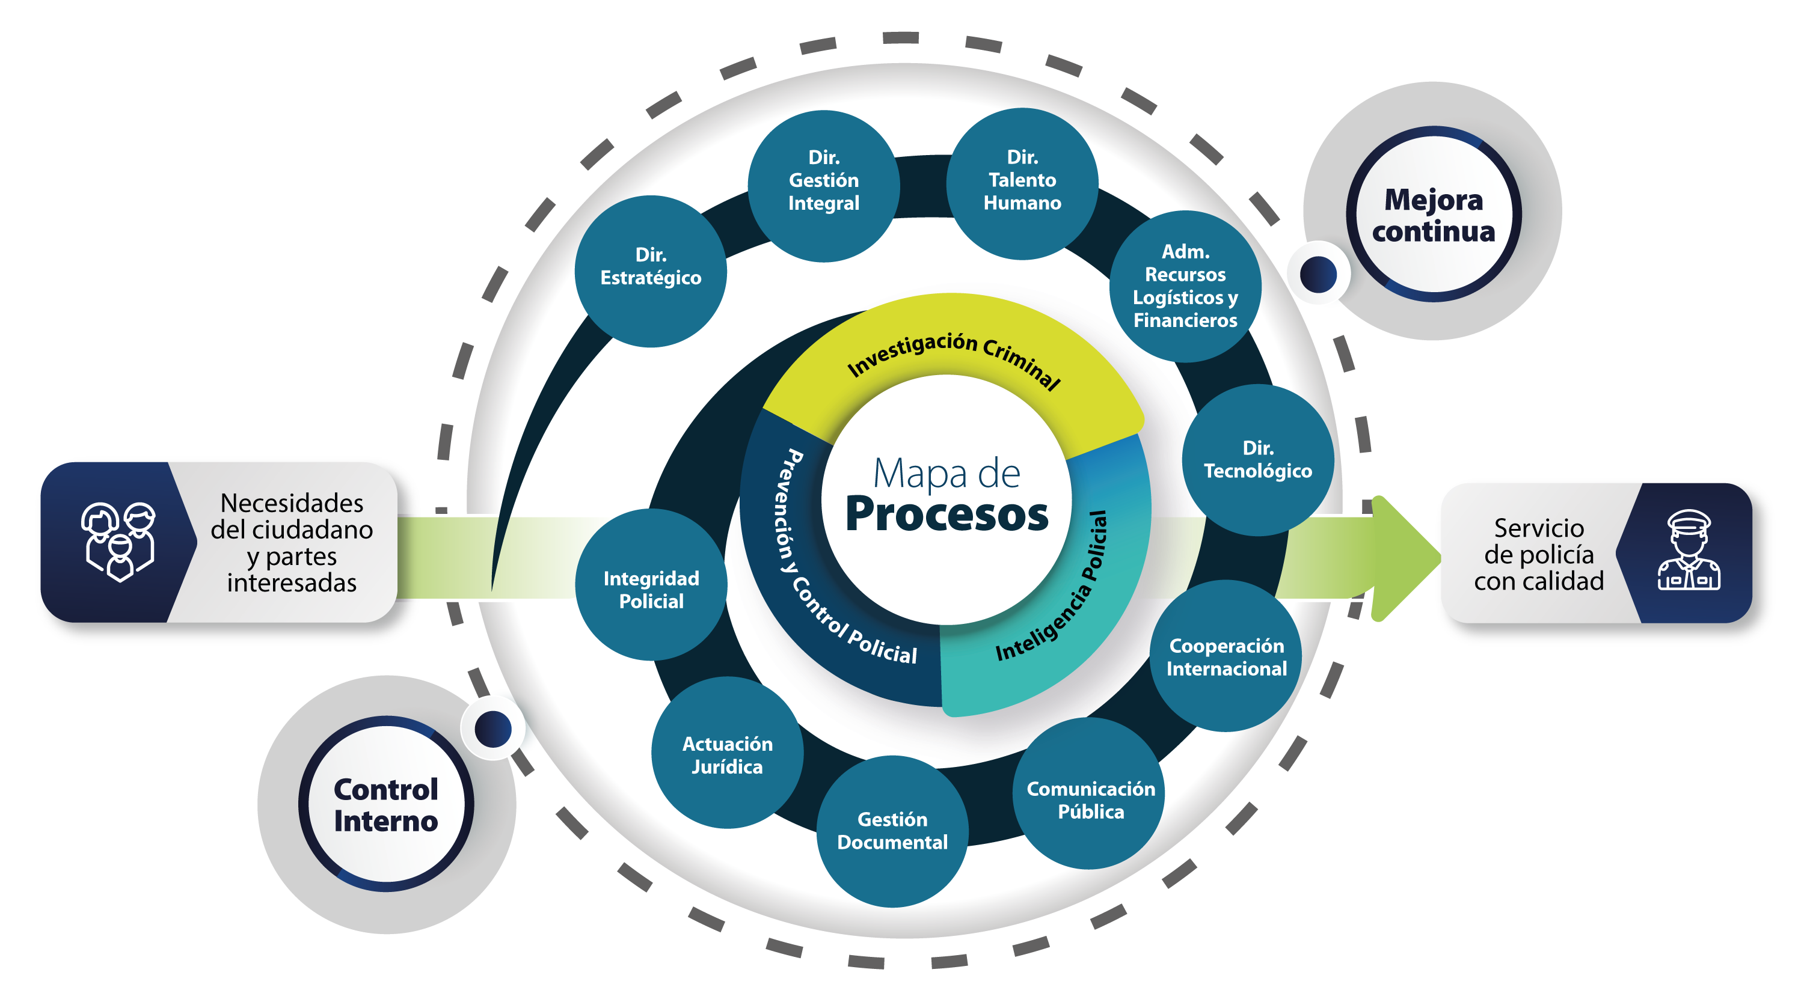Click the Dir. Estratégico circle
[651, 271]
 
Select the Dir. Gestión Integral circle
[824, 186]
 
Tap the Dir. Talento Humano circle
[1022, 183]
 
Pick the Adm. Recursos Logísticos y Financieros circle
[1185, 286]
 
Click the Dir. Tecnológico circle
[1258, 460]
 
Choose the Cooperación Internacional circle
[1226, 656]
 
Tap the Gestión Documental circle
[892, 831]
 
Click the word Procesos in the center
[947, 515]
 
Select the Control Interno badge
[386, 804]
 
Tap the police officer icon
[1689, 551]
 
